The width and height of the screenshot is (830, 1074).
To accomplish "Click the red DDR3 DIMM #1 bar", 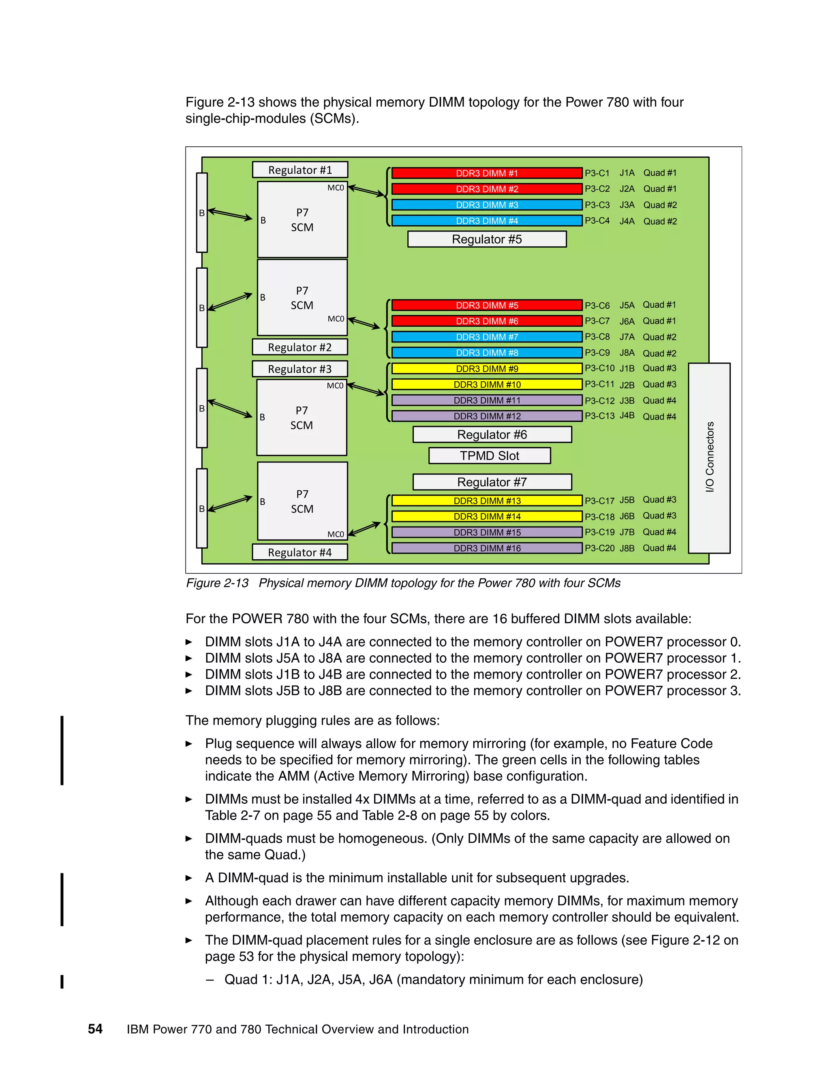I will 487,173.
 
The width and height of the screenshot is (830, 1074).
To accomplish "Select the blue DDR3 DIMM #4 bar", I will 487,221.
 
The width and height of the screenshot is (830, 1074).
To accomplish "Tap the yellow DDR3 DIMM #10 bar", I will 487,385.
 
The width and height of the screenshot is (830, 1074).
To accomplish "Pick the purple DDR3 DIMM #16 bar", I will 487,548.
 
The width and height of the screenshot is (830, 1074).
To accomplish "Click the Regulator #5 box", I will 487,240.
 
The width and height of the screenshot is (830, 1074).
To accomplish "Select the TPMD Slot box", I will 489,456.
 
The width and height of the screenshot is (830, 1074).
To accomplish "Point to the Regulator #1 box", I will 300,170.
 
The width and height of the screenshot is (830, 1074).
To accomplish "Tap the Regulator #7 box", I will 492,482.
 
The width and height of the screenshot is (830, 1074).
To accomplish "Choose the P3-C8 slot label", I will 597,337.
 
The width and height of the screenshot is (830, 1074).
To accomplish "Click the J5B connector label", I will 627,500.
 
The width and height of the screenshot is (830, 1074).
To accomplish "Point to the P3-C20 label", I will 599,548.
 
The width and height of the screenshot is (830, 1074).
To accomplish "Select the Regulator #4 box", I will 300,552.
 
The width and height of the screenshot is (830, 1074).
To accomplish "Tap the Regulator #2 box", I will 300,347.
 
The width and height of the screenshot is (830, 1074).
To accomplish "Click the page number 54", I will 95,1029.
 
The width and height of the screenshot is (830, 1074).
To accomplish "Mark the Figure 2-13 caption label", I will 217,583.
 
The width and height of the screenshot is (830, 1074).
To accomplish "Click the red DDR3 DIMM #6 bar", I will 487,321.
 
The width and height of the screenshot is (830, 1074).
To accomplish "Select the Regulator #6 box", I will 492,435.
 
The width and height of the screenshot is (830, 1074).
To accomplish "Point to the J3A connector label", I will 627,205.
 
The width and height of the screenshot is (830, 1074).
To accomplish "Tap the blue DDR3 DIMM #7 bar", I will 487,337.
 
